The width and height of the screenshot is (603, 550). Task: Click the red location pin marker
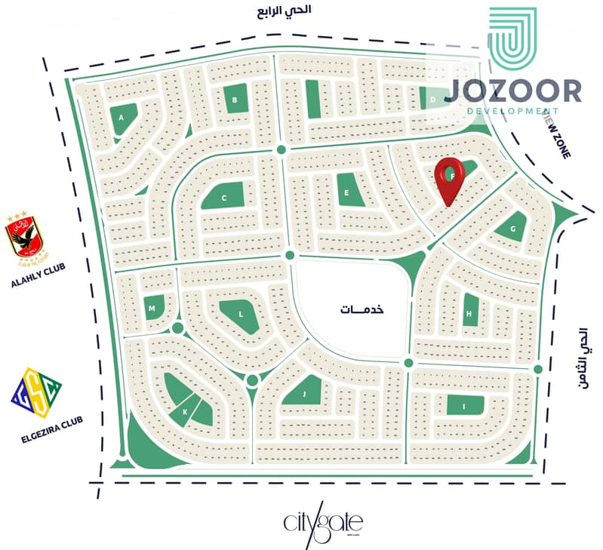coord(451,179)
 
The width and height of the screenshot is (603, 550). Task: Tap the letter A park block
coord(123,118)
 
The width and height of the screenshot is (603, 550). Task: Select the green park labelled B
coord(235,99)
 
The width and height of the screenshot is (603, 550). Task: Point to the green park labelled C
coord(224,198)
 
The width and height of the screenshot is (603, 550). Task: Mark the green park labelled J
coord(305,393)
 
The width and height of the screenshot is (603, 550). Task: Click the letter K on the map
coord(184,411)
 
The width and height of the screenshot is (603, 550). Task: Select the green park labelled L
coord(241,314)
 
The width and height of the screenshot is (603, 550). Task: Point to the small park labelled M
coord(152,309)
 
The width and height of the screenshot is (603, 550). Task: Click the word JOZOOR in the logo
coord(513,91)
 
